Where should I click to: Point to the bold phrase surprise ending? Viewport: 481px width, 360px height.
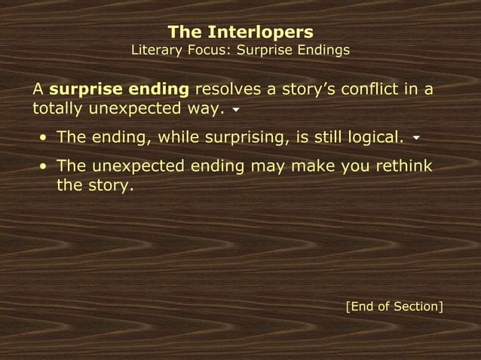pyautogui.click(x=119, y=90)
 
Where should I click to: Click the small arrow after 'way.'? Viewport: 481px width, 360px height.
pyautogui.click(x=236, y=110)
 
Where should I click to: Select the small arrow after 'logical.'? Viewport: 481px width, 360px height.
pyautogui.click(x=416, y=139)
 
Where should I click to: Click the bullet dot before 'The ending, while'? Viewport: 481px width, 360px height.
pyautogui.click(x=43, y=139)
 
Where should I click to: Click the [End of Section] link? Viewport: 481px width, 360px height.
pyautogui.click(x=394, y=307)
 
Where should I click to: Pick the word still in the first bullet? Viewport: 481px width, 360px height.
pyautogui.click(x=320, y=138)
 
